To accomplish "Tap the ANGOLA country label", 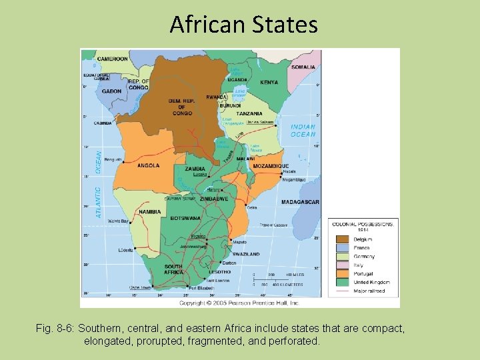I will point(148,165).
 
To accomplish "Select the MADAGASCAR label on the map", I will point(300,202).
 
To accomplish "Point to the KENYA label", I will point(269,83).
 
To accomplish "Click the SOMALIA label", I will point(303,67).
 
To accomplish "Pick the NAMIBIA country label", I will point(150,212).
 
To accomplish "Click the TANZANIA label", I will point(249,113).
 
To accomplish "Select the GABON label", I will point(111,91).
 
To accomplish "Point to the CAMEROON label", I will point(112,59).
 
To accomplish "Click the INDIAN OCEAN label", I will point(303,131).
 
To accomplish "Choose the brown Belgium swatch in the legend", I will point(341,239).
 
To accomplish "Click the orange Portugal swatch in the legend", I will point(341,273).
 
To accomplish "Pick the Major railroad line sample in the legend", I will point(341,291).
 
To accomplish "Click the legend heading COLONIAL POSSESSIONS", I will point(363,224).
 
